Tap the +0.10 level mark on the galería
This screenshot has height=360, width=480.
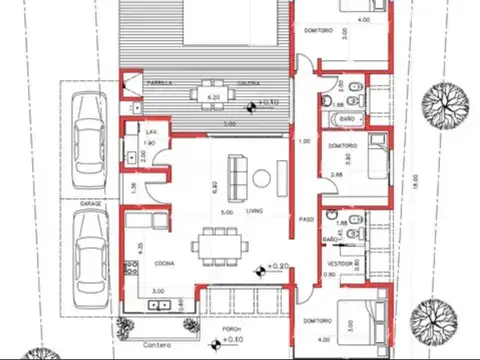(268, 102)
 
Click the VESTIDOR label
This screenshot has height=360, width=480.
(341, 264)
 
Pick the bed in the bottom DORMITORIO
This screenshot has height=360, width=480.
(366, 322)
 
